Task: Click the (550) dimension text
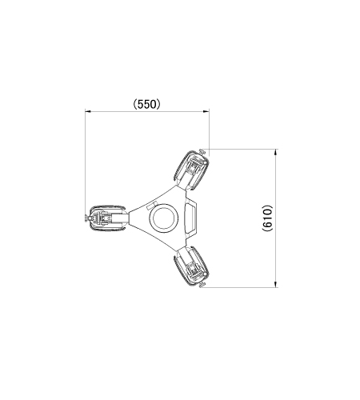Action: pyautogui.click(x=147, y=104)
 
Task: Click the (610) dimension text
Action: pyautogui.click(x=267, y=218)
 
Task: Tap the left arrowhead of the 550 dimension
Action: pyautogui.click(x=89, y=111)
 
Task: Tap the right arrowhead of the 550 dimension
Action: pyautogui.click(x=206, y=111)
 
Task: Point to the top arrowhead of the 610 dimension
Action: pyautogui.click(x=275, y=152)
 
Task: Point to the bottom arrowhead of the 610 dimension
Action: pyautogui.click(x=275, y=284)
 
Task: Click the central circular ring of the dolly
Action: pyautogui.click(x=164, y=218)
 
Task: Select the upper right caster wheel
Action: pyautogui.click(x=191, y=170)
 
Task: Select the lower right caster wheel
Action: pyautogui.click(x=191, y=266)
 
